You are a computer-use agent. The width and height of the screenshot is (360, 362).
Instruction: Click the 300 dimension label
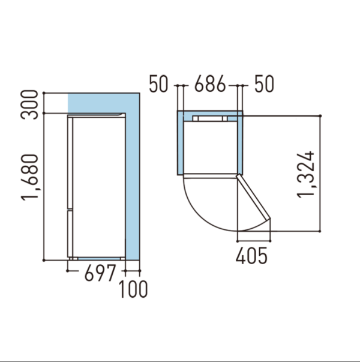[x=29, y=104]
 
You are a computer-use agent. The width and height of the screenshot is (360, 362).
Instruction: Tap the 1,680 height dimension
[x=29, y=177]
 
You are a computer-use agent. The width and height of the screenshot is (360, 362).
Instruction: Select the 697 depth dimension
[x=100, y=273]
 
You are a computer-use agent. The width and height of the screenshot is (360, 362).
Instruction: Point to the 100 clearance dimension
[x=133, y=289]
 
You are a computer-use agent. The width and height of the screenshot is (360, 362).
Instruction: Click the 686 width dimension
[x=210, y=83]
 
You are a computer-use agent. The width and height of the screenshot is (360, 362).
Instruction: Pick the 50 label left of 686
[x=159, y=84]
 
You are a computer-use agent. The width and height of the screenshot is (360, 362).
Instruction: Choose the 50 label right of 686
[x=265, y=84]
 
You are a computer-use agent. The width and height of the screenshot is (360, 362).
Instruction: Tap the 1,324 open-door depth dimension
[x=305, y=175]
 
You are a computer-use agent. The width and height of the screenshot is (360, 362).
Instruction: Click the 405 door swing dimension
[x=251, y=256]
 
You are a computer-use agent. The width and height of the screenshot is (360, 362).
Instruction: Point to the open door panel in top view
[x=253, y=197]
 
